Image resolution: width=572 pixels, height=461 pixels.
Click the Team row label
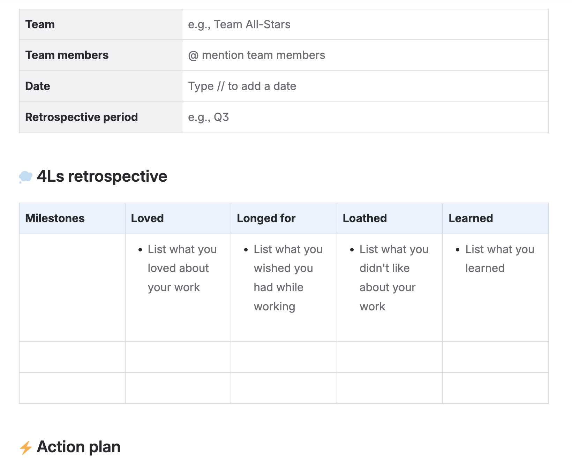pos(40,24)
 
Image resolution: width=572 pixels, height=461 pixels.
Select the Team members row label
pos(67,55)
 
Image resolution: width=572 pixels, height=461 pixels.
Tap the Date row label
pos(37,86)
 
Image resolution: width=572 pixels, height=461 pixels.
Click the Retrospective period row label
pos(81,117)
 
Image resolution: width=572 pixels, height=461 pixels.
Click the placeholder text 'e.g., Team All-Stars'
pos(239,24)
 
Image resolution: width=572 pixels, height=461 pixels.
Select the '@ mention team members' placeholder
pos(256,55)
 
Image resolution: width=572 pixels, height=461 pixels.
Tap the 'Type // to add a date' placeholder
pos(242,86)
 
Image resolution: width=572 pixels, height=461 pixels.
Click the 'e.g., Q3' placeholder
pos(208,117)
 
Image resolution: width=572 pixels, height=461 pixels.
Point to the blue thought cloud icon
pos(25,177)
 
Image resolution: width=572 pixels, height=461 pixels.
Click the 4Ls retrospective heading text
pos(102,176)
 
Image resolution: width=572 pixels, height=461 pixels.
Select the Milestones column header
pos(55,218)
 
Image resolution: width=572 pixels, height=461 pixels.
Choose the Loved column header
pos(147,218)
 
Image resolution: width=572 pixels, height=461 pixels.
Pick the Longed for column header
pos(266,218)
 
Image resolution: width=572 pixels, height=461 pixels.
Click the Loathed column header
pos(365,218)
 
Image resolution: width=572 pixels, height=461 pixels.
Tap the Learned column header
pos(471,218)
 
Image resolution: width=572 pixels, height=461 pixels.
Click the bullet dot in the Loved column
pos(140,250)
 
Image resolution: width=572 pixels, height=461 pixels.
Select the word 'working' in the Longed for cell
pos(274,307)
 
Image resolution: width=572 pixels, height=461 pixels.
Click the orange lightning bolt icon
pos(26,447)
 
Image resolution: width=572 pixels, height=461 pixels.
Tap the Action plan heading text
pos(79,447)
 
